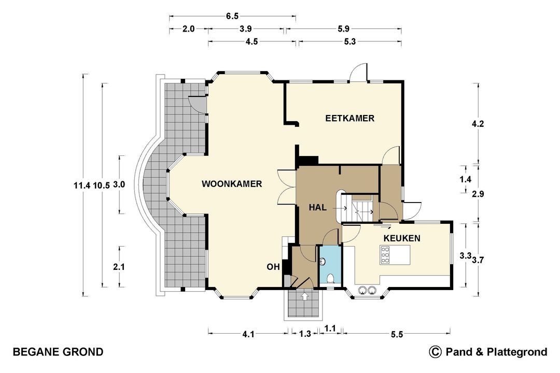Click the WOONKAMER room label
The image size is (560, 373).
(x=232, y=184)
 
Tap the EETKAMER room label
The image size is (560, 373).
(x=349, y=118)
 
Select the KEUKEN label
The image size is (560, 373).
(x=402, y=238)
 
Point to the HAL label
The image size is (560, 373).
(x=317, y=207)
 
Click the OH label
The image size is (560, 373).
(x=273, y=267)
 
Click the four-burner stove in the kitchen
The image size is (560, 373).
(x=385, y=255)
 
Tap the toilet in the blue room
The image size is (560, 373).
(x=331, y=278)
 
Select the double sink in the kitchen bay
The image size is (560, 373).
(x=368, y=290)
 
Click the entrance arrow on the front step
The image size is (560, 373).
(x=304, y=296)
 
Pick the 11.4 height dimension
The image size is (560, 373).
(x=82, y=185)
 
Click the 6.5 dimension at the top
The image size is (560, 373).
(x=232, y=16)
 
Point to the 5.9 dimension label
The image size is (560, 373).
(x=343, y=28)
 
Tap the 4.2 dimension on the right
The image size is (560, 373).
(x=478, y=124)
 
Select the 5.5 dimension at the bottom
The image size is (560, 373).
(x=397, y=334)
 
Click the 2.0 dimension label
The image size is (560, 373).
(x=188, y=28)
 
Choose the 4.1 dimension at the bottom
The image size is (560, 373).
(x=248, y=334)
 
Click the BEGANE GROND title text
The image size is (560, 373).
(x=58, y=352)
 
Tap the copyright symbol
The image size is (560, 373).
(x=435, y=352)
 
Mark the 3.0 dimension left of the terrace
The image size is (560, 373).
(x=119, y=184)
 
